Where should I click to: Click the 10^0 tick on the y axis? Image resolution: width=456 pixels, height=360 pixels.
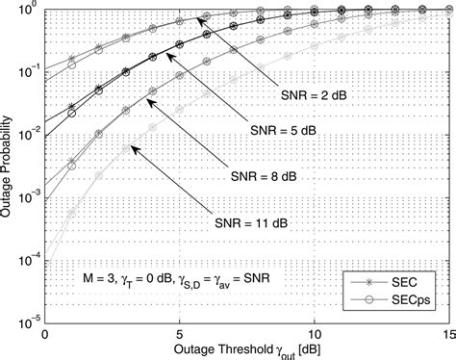(27, 11)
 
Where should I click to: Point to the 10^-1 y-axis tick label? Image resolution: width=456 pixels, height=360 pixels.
(25, 72)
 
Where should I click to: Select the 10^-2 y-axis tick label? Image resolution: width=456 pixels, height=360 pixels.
(25, 134)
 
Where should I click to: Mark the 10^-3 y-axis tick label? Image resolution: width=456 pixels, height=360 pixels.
(25, 195)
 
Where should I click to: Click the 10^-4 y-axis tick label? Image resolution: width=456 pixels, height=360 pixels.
(25, 258)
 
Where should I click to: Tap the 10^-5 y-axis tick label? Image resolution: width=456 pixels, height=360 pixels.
(25, 320)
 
